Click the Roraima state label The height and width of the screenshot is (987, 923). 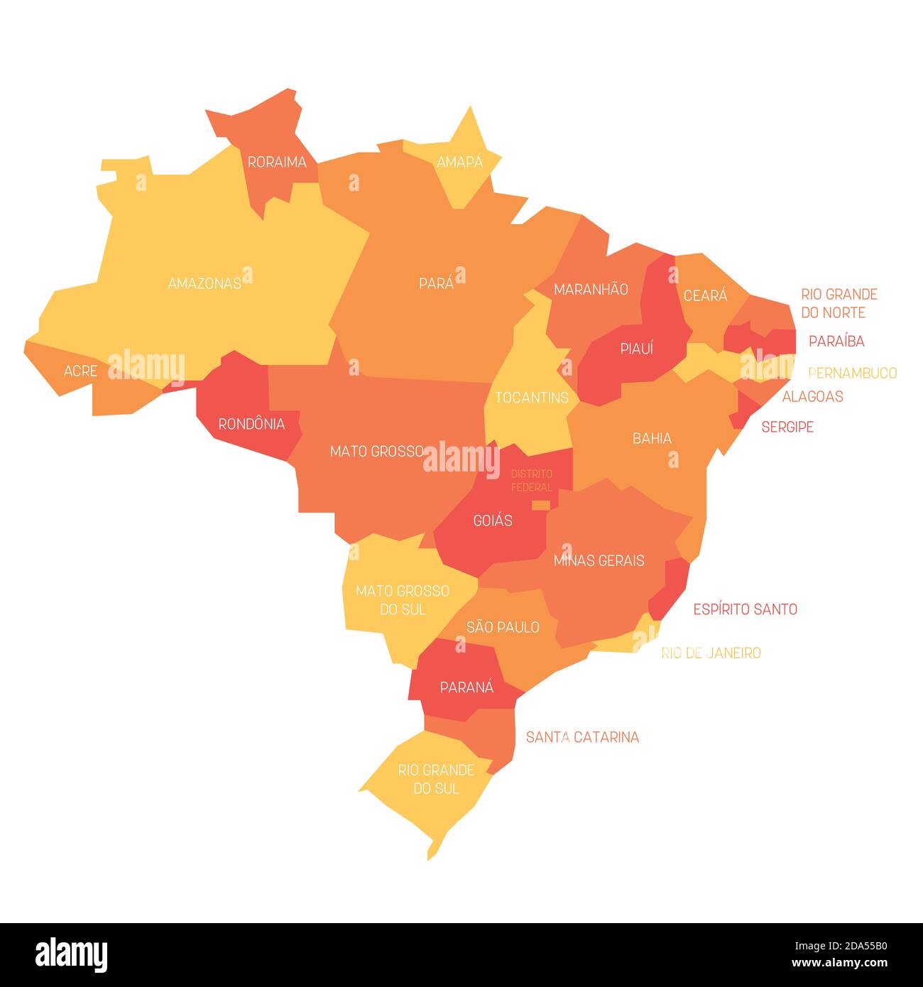point(277,163)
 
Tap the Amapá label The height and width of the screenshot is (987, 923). point(459,163)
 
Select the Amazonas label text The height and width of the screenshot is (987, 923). point(204,283)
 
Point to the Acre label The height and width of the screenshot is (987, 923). point(80,371)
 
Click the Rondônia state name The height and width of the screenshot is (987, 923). point(251,425)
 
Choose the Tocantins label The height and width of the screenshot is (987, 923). point(532,398)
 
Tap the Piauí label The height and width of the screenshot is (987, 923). point(636,349)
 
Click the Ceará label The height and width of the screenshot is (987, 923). point(705,295)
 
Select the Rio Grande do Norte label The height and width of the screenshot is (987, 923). point(839,303)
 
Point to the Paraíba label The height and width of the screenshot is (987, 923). point(836,342)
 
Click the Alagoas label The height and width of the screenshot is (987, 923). point(812,397)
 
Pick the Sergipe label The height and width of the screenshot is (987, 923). point(787,427)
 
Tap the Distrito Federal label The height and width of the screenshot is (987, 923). point(532,481)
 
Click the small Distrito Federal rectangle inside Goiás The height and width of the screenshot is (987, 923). point(540,506)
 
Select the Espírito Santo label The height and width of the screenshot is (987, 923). point(745,609)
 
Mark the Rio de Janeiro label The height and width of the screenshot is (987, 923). point(711,653)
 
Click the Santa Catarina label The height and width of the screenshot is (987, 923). point(582,738)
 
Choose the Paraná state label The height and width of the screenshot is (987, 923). point(466,687)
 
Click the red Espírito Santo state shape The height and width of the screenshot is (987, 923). point(671,586)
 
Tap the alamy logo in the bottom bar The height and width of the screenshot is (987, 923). point(72,955)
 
